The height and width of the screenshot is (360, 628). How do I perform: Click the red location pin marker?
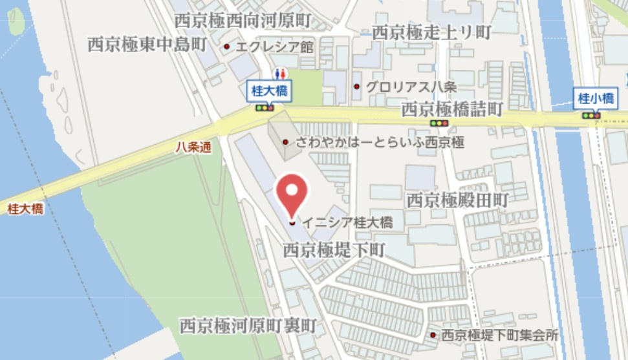(x=292, y=194)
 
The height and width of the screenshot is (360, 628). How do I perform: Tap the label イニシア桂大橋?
(x=347, y=222)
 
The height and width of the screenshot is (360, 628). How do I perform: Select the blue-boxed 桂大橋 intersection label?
(x=268, y=92)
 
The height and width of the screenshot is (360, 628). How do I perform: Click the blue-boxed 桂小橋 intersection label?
(x=596, y=99)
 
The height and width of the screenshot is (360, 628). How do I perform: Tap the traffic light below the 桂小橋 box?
(x=591, y=116)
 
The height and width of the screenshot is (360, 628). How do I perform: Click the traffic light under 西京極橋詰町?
(x=439, y=123)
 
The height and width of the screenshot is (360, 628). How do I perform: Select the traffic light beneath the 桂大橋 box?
(x=265, y=108)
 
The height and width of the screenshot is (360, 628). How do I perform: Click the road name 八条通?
(x=193, y=147)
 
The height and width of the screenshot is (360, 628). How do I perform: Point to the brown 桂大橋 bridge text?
(x=25, y=209)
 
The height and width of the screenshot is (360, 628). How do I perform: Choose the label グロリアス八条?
(x=402, y=86)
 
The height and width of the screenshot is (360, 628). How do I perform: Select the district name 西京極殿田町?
(x=457, y=200)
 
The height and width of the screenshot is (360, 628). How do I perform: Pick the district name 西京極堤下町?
(x=334, y=248)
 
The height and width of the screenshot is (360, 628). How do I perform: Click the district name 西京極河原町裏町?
(x=248, y=325)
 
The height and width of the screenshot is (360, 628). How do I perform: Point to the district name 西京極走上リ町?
(x=431, y=31)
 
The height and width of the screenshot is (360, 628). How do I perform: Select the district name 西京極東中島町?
(x=147, y=44)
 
